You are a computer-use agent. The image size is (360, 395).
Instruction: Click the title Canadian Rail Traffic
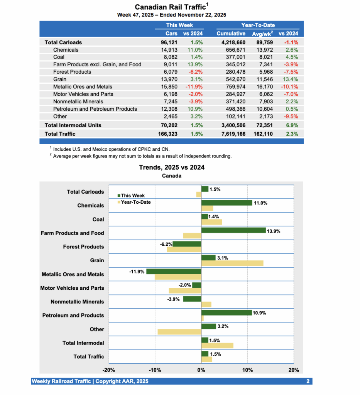tap(170, 7)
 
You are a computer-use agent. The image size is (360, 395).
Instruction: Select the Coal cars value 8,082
tap(169, 57)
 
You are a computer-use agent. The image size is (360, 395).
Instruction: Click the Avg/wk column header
tap(262, 34)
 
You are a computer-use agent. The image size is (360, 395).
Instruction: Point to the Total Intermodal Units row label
tap(73, 125)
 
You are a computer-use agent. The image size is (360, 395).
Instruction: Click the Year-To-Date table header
tap(258, 25)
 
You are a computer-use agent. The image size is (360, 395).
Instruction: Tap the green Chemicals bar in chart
tap(226, 203)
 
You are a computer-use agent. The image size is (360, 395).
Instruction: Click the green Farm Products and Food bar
tap(233, 230)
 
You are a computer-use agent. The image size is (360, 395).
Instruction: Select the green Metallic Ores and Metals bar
tap(174, 272)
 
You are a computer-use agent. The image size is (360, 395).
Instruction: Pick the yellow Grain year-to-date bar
tap(232, 263)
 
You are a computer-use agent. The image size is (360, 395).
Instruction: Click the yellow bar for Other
tap(179, 332)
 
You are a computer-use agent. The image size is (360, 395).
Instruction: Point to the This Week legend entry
tap(132, 196)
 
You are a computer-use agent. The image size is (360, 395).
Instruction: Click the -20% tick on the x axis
tap(109, 370)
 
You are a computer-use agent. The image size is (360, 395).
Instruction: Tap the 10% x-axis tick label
tap(247, 370)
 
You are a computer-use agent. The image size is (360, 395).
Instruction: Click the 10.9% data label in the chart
tap(259, 313)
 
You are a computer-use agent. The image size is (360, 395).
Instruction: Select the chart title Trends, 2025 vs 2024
tap(172, 167)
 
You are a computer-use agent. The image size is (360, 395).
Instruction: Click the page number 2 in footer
tap(308, 381)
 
